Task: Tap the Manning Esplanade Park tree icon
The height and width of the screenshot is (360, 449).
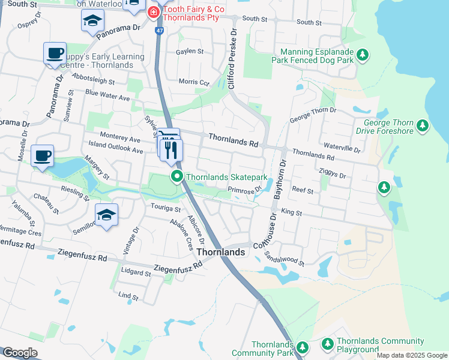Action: [x=362, y=56]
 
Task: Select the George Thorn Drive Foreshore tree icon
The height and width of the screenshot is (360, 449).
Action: [x=423, y=125]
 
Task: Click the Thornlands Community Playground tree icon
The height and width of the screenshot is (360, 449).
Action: [x=328, y=344]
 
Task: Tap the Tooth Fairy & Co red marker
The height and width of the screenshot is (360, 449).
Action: [x=154, y=11]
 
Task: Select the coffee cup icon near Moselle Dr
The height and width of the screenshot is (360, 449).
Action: [x=42, y=156]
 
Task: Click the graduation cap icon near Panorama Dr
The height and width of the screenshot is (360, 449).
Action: [x=92, y=21]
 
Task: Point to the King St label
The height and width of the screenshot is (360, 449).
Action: [x=290, y=212]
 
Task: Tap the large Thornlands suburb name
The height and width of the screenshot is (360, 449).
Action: [x=221, y=252]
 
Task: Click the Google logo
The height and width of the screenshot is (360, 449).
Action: [x=20, y=353]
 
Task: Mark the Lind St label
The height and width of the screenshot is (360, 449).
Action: [x=128, y=296]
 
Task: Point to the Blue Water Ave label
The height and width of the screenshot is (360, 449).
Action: [x=108, y=96]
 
